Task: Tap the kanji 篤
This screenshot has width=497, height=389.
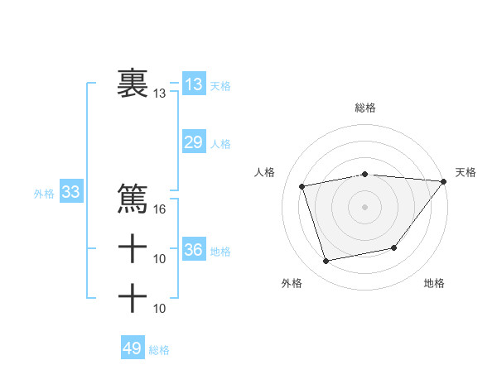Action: [x=133, y=199]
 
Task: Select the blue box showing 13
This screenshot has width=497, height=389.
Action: [x=193, y=84]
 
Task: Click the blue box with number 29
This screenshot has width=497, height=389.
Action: [x=193, y=142]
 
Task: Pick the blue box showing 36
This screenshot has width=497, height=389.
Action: [x=193, y=249]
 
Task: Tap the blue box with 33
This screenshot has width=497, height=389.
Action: [x=70, y=193]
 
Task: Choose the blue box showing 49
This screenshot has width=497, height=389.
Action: [x=133, y=348]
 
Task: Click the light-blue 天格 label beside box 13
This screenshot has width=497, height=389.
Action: [x=220, y=86]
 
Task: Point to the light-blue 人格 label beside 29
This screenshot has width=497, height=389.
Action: [x=220, y=144]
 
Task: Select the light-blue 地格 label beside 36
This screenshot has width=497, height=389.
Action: [x=220, y=251]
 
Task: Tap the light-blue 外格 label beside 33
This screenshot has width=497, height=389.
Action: [x=44, y=194]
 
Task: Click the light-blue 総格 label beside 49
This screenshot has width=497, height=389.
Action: [x=159, y=350]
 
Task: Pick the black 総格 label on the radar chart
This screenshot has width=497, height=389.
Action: [x=365, y=108]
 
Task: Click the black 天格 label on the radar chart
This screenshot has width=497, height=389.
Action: [x=466, y=172]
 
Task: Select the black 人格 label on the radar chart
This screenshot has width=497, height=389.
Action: [x=264, y=172]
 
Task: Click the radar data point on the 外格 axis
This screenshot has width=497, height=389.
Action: [x=326, y=262]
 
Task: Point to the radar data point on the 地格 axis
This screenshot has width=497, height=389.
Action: [x=394, y=247]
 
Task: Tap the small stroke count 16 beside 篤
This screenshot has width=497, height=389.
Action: [x=160, y=209]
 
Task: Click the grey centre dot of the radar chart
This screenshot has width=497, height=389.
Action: [x=365, y=207]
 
